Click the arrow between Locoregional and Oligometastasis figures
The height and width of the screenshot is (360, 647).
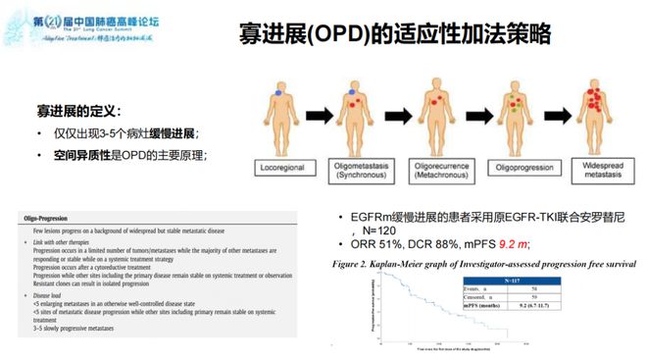(323, 114)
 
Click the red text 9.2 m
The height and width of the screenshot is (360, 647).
(515, 242)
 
